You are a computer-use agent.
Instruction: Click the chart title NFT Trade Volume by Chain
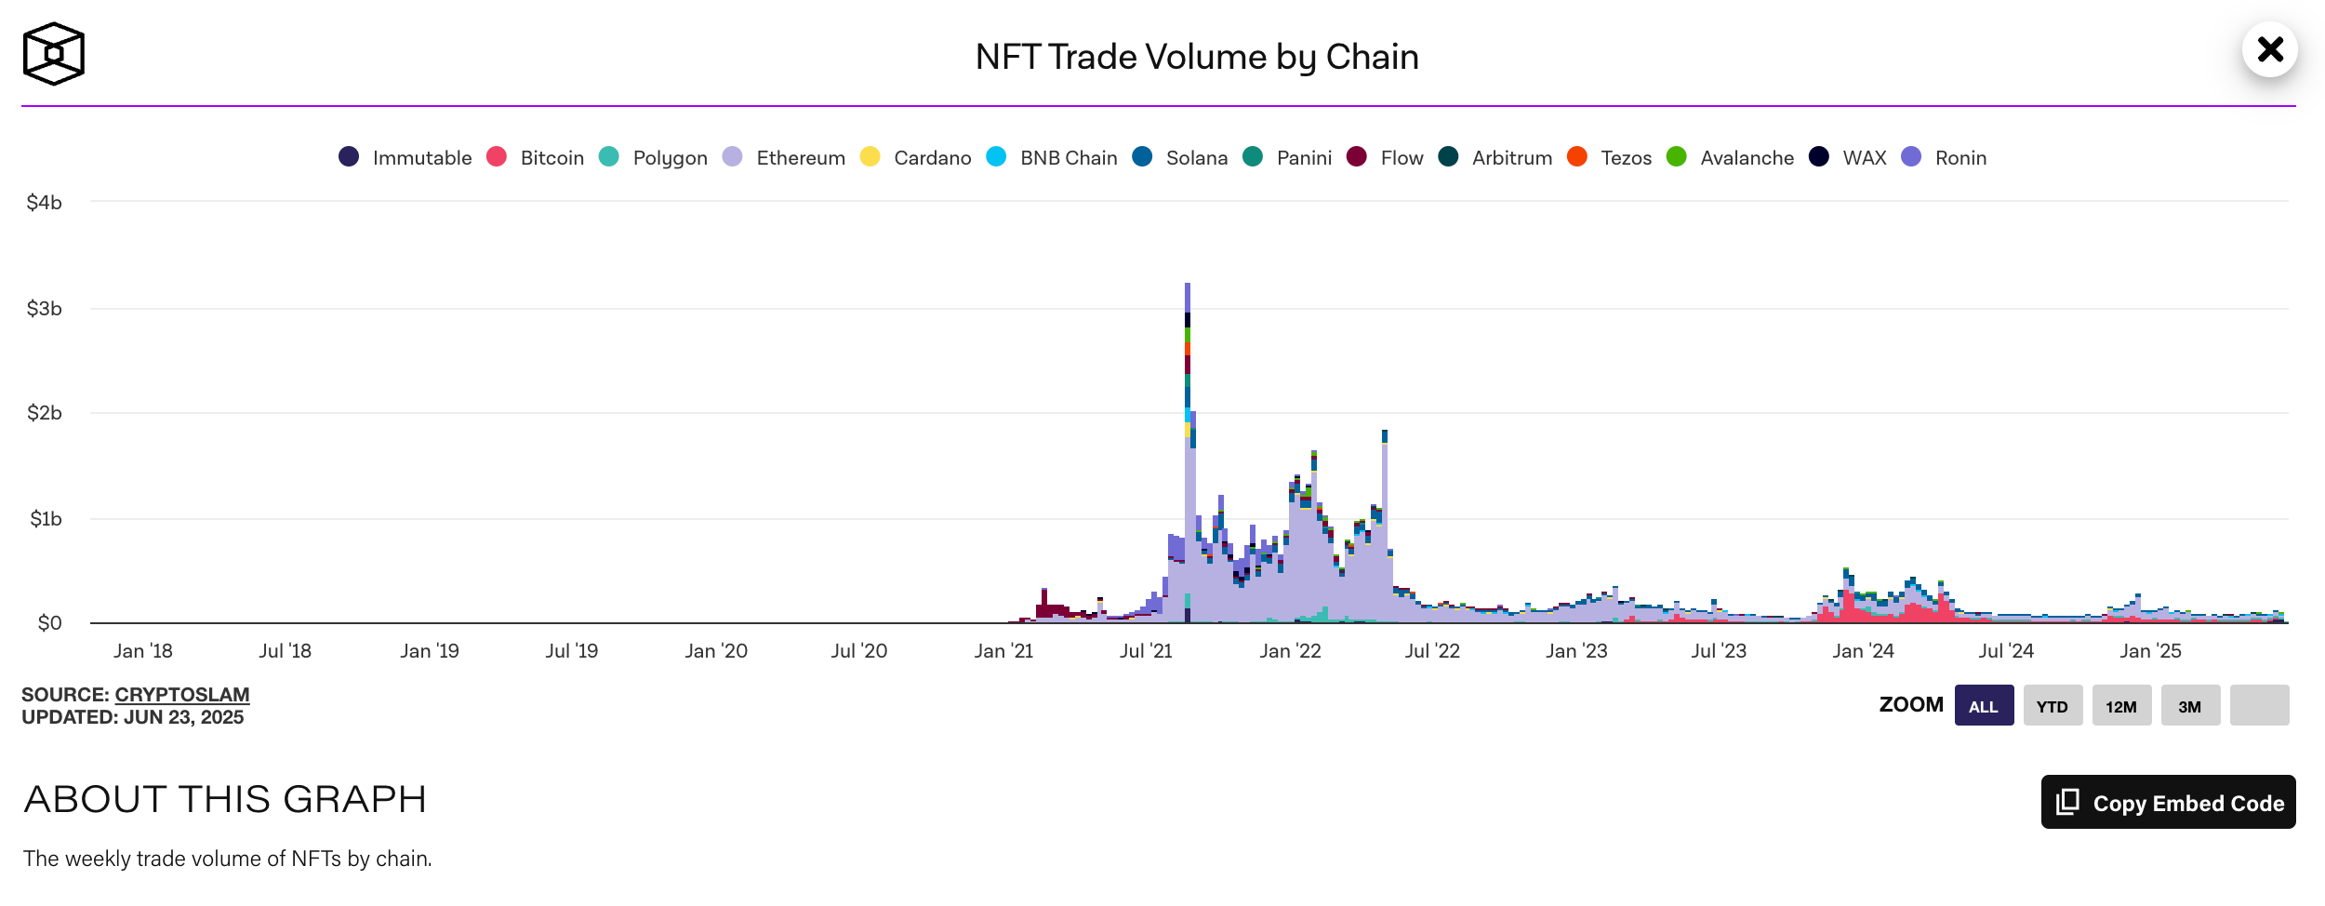point(1196,58)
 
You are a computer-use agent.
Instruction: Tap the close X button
point(2269,49)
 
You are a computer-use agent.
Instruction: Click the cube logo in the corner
point(54,54)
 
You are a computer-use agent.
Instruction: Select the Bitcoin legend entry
point(536,158)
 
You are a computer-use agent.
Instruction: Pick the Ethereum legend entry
point(784,158)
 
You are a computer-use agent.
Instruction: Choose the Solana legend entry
point(1180,158)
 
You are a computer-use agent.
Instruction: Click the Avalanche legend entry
point(1731,158)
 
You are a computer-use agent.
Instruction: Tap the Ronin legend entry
point(1945,158)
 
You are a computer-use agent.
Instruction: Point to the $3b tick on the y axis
point(45,309)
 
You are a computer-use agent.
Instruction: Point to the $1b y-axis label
point(46,519)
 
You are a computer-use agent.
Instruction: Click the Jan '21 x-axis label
point(1003,651)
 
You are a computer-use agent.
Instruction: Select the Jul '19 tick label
point(572,651)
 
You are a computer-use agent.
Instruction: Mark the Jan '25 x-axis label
point(2150,651)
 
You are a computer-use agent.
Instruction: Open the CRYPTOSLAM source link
point(182,695)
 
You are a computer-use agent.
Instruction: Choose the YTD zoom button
point(2053,706)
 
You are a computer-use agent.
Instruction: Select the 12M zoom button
point(2121,706)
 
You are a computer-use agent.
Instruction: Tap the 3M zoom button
point(2190,706)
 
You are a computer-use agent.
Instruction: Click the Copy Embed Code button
point(2168,802)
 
